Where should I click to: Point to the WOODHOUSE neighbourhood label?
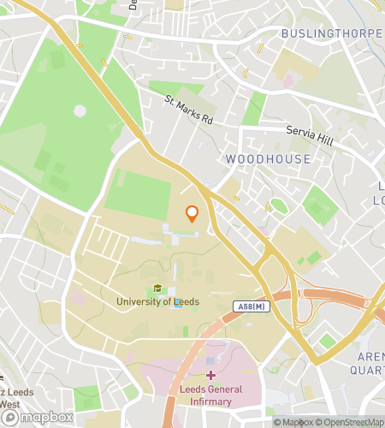click(x=268, y=159)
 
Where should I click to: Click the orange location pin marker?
click(x=192, y=214)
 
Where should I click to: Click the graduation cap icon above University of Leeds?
click(x=157, y=288)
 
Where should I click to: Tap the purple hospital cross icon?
click(x=210, y=375)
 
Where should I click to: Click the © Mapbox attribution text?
click(x=293, y=421)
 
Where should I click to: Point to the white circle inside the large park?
click(x=80, y=110)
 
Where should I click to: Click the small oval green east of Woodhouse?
click(x=278, y=205)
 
